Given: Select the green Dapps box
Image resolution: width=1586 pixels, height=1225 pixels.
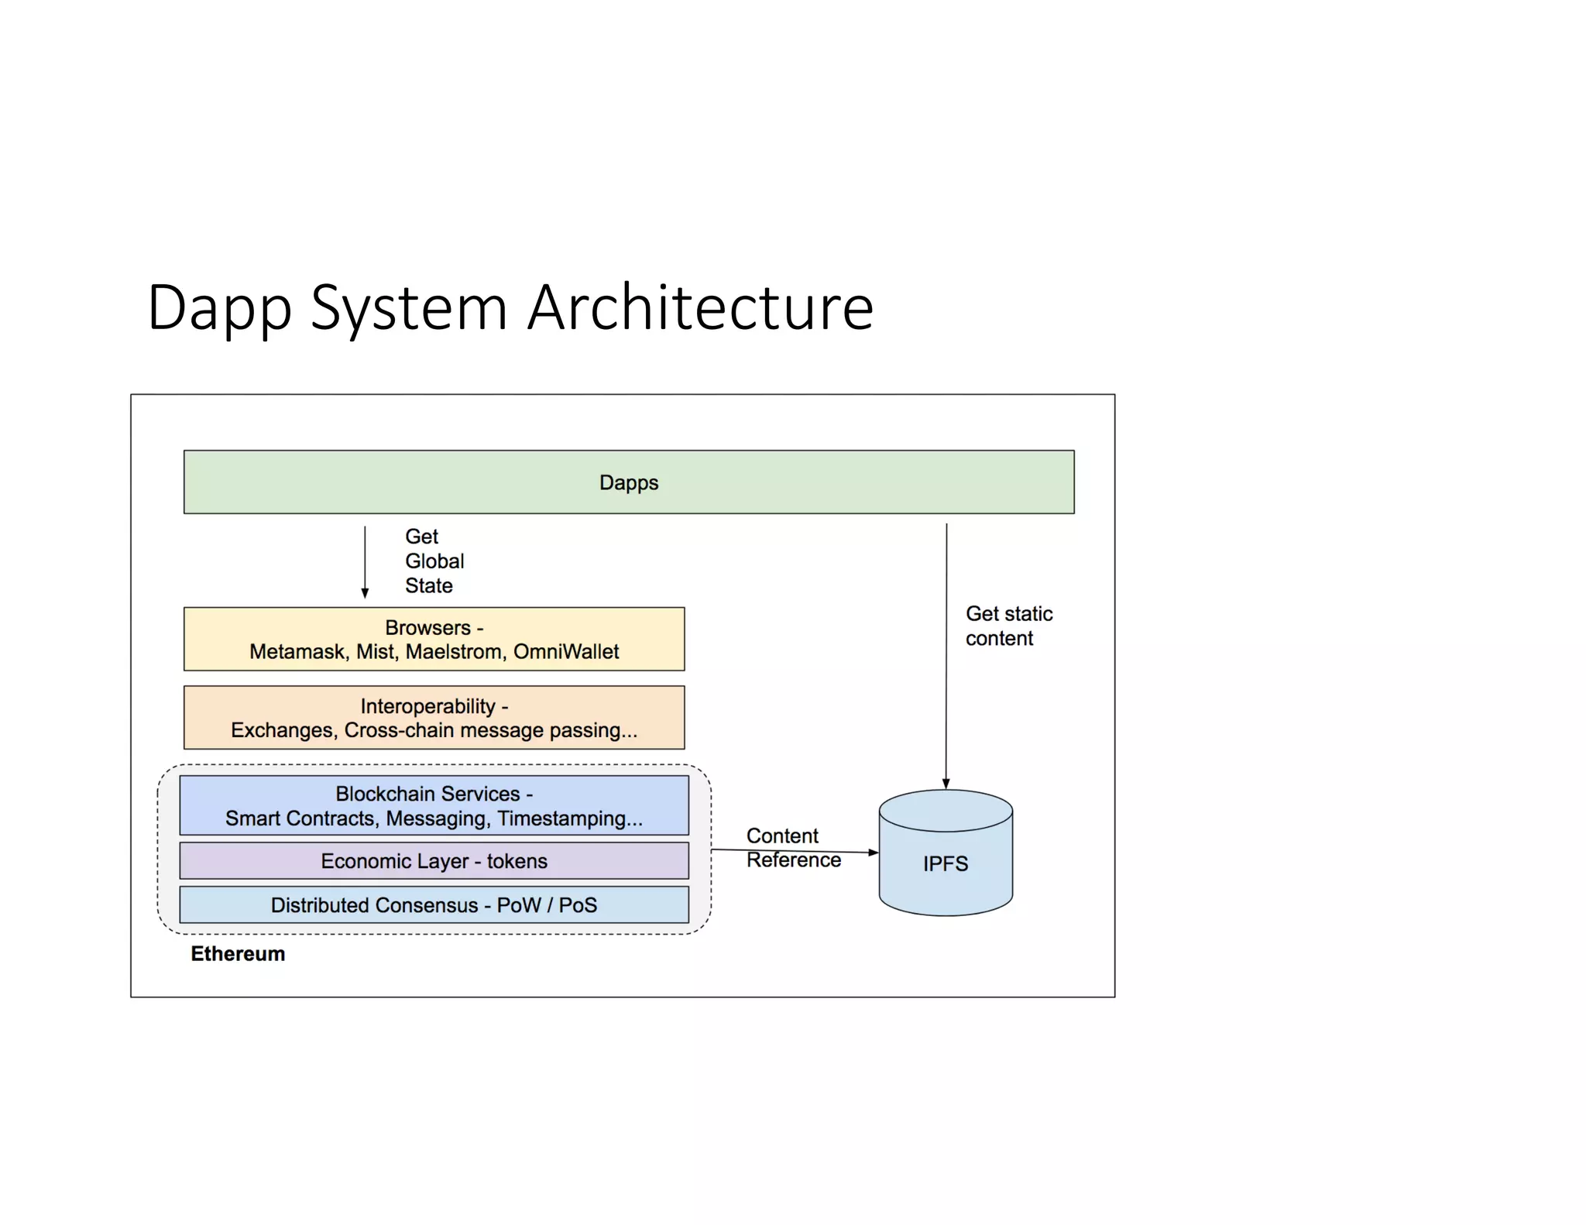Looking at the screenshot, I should pyautogui.click(x=628, y=482).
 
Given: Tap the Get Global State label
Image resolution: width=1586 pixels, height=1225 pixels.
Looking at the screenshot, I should pyautogui.click(x=434, y=561).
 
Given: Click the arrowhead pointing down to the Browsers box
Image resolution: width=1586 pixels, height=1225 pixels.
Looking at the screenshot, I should pyautogui.click(x=365, y=592).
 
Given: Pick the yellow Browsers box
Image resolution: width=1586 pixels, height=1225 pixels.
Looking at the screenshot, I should pyautogui.click(x=434, y=639).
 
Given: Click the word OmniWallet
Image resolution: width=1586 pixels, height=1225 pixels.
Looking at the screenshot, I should pyautogui.click(x=565, y=652).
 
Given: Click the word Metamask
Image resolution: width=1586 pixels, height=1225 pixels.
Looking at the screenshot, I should pyautogui.click(x=297, y=652).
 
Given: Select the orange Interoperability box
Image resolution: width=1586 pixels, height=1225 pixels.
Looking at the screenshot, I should pyautogui.click(x=434, y=717).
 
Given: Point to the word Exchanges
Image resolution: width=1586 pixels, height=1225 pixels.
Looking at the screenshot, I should pyautogui.click(x=282, y=730).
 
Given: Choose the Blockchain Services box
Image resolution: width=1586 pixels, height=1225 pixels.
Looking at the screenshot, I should pyautogui.click(x=434, y=805).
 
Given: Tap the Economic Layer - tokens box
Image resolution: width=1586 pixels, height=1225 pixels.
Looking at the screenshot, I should pyautogui.click(x=434, y=861).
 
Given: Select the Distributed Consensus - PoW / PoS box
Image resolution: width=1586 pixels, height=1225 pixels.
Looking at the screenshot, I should pyautogui.click(x=434, y=905).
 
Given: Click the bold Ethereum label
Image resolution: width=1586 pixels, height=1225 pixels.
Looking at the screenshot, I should pyautogui.click(x=238, y=954).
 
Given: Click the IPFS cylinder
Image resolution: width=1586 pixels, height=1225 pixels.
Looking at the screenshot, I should pyautogui.click(x=945, y=863).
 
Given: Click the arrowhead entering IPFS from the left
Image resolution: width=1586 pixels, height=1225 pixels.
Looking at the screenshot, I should pyautogui.click(x=873, y=853).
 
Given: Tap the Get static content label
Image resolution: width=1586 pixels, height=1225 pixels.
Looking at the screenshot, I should pyautogui.click(x=1008, y=626).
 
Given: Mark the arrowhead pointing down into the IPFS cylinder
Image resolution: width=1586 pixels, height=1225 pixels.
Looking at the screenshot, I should pyautogui.click(x=946, y=784).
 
